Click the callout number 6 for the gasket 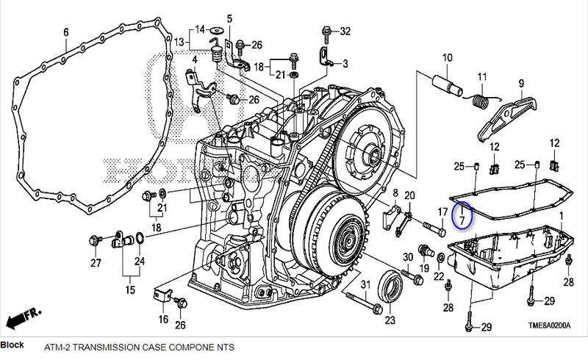[x=65, y=32]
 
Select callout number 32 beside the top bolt [x=345, y=31]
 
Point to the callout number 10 [x=447, y=57]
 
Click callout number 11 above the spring [x=483, y=77]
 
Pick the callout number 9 [x=520, y=83]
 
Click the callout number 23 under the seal [x=390, y=320]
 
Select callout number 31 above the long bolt [x=362, y=284]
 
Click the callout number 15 [x=130, y=291]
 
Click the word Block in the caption [x=12, y=344]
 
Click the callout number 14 [x=198, y=31]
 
